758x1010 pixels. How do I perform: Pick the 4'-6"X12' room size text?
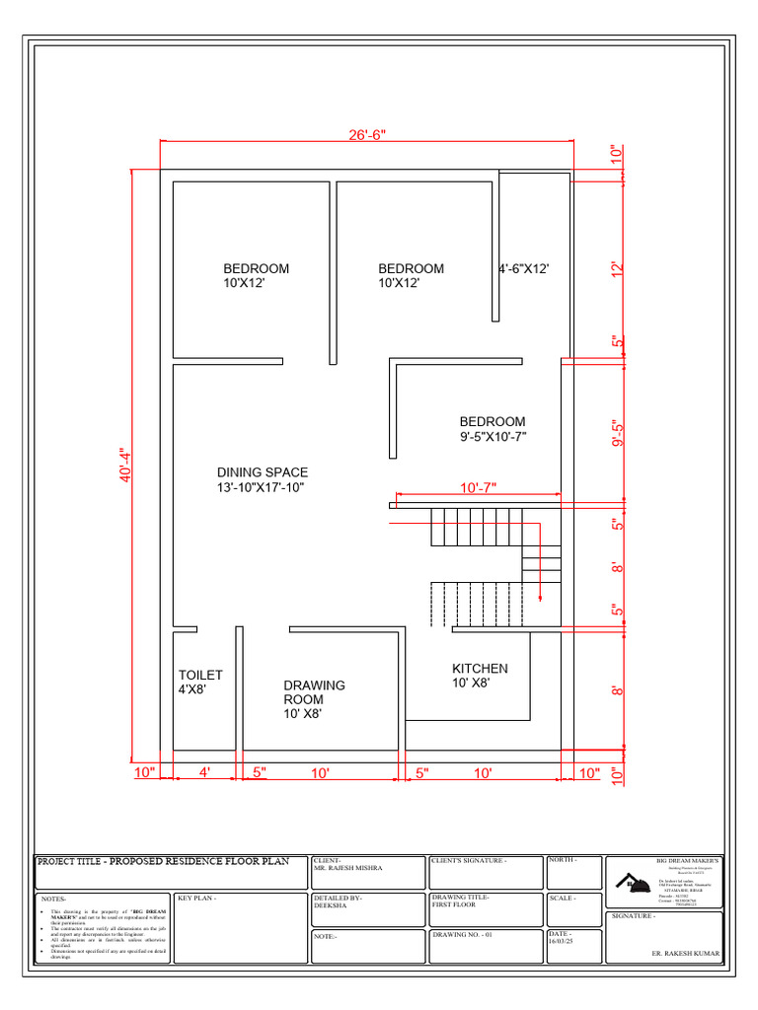[522, 268]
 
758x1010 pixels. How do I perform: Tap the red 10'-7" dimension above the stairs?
[478, 487]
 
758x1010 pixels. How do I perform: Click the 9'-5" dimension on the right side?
[618, 434]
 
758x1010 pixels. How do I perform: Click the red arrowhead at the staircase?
[540, 595]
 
